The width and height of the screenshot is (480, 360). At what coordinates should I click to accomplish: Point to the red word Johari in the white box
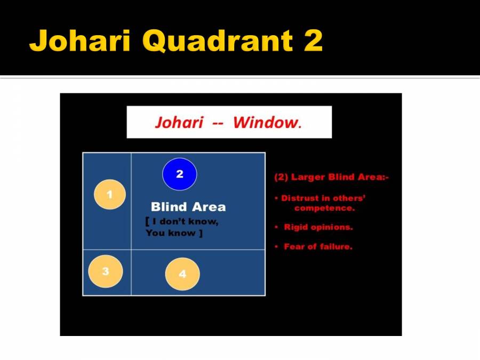click(x=179, y=123)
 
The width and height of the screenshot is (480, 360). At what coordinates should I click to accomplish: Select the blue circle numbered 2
click(x=180, y=174)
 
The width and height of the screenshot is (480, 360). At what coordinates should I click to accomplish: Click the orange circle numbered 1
click(x=110, y=195)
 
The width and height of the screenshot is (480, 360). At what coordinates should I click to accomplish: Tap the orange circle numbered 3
click(x=106, y=271)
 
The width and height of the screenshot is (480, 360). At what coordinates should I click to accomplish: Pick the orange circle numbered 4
click(x=182, y=274)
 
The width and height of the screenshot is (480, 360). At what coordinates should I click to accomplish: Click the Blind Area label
click(x=188, y=207)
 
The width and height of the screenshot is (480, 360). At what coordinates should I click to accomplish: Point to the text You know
click(x=170, y=233)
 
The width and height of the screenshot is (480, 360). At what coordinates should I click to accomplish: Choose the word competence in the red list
click(x=324, y=208)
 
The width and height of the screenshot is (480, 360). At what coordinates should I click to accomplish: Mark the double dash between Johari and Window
click(x=218, y=123)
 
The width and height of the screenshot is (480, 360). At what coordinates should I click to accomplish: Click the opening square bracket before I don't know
click(x=147, y=222)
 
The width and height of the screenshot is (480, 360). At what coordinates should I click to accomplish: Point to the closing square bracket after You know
click(x=201, y=233)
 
